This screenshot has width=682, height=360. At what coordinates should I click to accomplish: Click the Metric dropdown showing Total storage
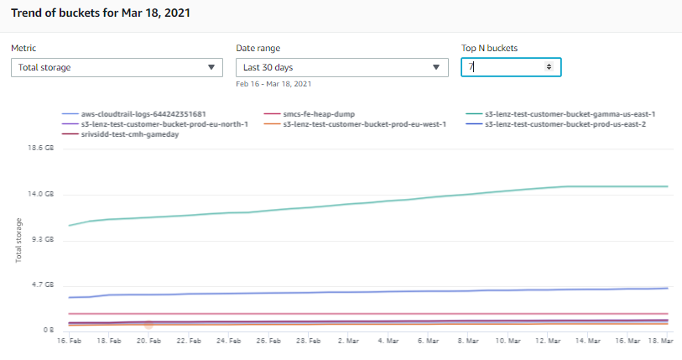pos(117,67)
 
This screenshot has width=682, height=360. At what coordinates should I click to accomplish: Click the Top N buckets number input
pos(503,67)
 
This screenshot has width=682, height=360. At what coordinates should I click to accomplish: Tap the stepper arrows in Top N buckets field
pos(549,67)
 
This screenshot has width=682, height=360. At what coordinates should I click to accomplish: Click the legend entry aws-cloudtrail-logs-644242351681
pos(143,114)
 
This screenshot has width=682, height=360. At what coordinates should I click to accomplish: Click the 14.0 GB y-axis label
pos(41,194)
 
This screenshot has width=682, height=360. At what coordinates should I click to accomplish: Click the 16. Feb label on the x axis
pos(69,342)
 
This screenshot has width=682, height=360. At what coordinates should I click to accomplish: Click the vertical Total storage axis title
pos(18,240)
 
